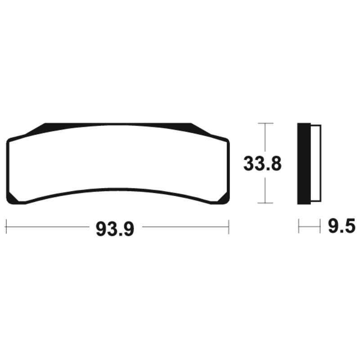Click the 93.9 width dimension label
[x=115, y=229]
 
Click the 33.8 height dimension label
[x=262, y=164]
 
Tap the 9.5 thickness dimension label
[x=342, y=226]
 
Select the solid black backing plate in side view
[x=304, y=164]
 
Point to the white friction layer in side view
[x=316, y=163]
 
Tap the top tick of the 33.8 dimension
[x=265, y=123]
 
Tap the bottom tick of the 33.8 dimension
[x=265, y=203]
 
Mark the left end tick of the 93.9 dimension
[x=6, y=227]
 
